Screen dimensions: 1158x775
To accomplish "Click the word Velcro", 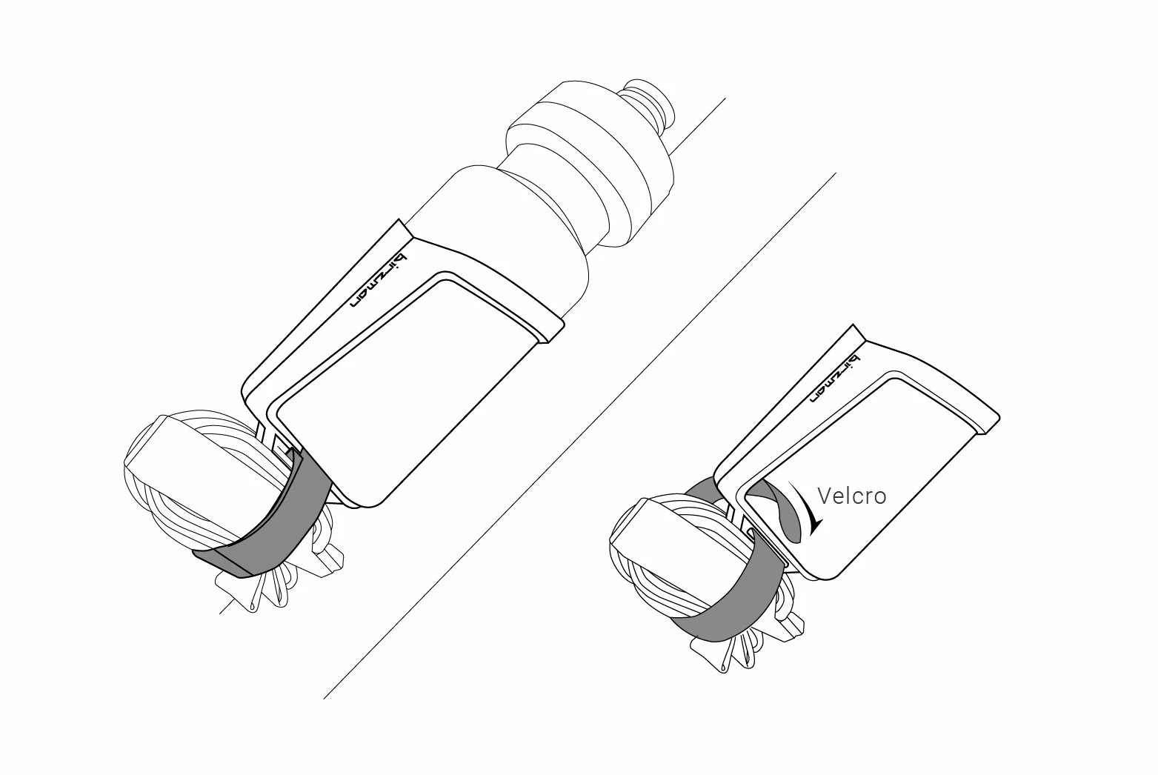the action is [x=851, y=496].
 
